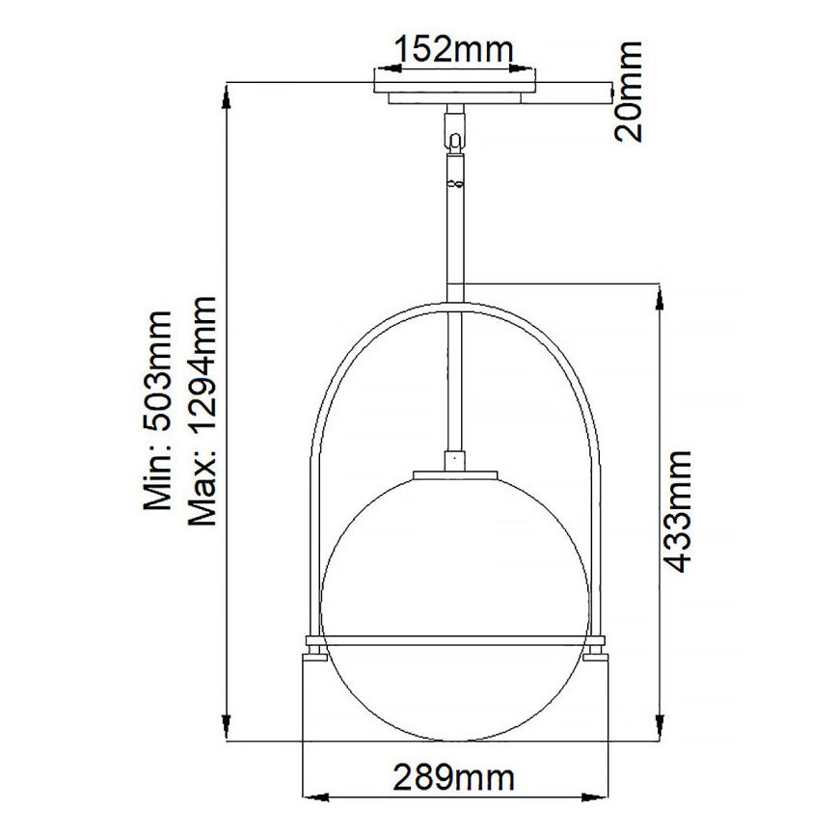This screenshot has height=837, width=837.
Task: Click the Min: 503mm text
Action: click(157, 410)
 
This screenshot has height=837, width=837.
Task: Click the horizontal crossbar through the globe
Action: click(454, 639)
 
